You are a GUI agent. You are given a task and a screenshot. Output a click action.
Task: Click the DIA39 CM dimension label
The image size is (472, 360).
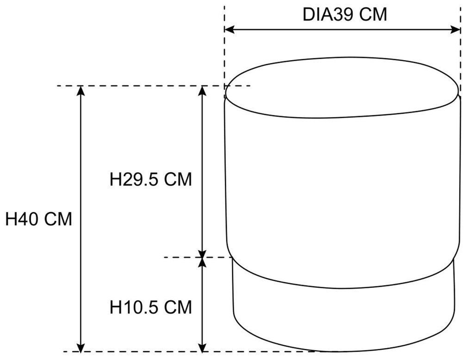pyautogui.click(x=345, y=14)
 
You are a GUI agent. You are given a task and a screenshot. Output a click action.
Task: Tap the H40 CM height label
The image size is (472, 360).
pyautogui.click(x=38, y=219)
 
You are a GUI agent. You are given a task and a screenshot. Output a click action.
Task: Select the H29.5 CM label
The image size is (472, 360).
pyautogui.click(x=150, y=180)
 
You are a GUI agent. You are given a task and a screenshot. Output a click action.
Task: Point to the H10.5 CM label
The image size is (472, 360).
pyautogui.click(x=150, y=307)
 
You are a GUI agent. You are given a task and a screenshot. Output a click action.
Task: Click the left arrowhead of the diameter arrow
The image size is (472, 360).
pyautogui.click(x=230, y=30)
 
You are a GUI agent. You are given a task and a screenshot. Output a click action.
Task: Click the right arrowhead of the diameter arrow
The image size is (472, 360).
pyautogui.click(x=455, y=30)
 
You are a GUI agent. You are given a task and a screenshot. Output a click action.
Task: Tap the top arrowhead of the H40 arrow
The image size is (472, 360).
pyautogui.click(x=81, y=91)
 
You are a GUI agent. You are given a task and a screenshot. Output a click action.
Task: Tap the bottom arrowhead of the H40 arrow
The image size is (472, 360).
pyautogui.click(x=81, y=347)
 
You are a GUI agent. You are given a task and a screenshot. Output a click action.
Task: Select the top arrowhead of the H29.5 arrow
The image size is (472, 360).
pyautogui.click(x=203, y=91)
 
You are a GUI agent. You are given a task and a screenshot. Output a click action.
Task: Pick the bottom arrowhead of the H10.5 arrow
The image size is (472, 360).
pyautogui.click(x=203, y=347)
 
